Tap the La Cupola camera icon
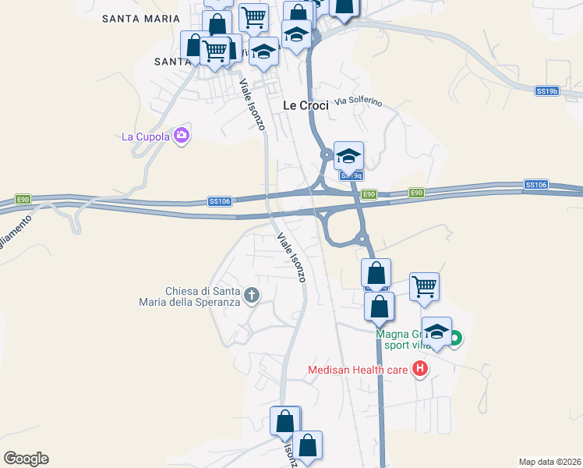coord(182,136)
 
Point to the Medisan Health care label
coord(359,370)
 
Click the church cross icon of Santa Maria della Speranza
coord(251,295)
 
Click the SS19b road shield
coord(548,91)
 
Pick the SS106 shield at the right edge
coord(536,185)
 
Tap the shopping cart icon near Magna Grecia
coord(424,286)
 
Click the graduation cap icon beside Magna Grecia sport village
coord(436,331)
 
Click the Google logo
coord(26,459)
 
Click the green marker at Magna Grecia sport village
coord(456,338)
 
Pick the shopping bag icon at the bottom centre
coord(308,445)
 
